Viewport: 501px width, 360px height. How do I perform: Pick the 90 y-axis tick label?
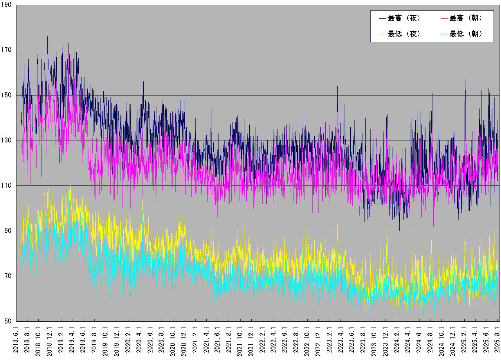9,231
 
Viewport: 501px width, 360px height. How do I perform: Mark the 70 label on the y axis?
9,276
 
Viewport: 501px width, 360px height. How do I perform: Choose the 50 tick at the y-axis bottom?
9,321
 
